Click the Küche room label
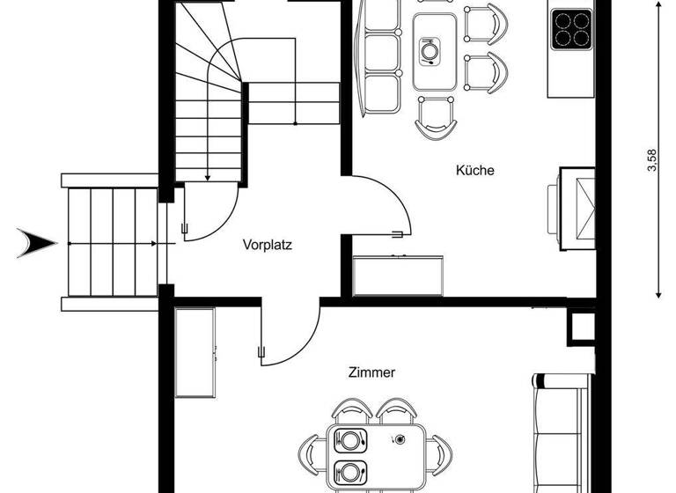point(474,171)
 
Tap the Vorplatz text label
point(267,246)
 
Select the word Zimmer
point(371,372)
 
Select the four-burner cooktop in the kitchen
point(571,29)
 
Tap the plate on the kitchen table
point(429,51)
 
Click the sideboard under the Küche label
point(398,276)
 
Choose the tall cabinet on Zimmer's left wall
point(195,352)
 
